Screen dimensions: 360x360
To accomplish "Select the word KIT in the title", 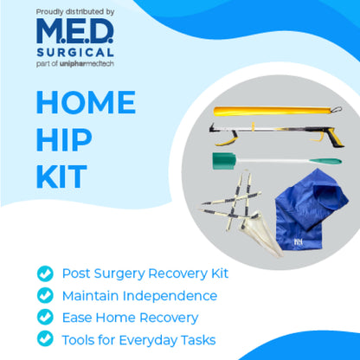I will tap(61, 176).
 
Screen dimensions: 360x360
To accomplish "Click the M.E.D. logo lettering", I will tap(74, 33).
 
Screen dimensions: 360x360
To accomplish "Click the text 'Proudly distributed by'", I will tap(75, 11).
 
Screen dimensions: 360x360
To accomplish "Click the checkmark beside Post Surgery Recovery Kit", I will tap(44, 273).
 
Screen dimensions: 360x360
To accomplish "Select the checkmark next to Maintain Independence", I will tap(44, 295).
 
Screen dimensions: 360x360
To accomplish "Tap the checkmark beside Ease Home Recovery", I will tap(44, 317).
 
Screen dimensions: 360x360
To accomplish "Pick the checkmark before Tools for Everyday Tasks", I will tap(44, 338).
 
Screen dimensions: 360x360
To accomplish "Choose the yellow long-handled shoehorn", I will tap(268, 112).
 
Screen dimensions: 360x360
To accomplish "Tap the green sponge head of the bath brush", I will tap(223, 162).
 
